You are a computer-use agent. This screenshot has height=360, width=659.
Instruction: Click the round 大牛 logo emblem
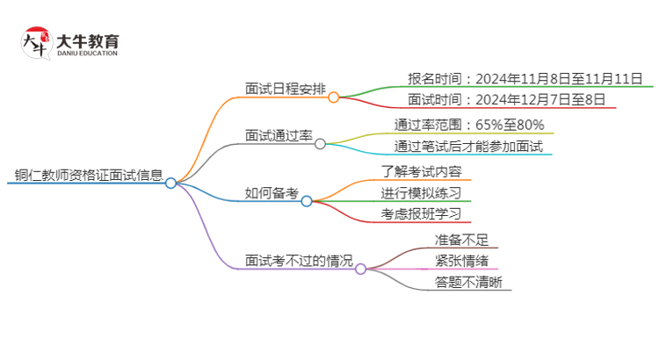tap(37, 43)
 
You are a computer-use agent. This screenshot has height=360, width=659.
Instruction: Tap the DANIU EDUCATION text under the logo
tap(87, 54)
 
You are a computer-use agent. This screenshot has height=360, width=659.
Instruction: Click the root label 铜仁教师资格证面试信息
tap(89, 175)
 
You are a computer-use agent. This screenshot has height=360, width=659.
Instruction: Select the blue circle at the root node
tap(170, 184)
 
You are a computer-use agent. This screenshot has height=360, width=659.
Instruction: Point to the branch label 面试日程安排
tap(286, 89)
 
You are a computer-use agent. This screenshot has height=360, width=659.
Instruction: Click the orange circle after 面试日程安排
tap(333, 97)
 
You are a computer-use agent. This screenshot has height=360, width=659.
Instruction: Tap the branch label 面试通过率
tap(279, 135)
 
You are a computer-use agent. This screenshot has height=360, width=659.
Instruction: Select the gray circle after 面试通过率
tap(320, 144)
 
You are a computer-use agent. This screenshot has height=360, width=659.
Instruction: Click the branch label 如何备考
tap(272, 193)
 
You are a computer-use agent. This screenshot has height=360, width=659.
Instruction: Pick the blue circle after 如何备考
tap(307, 201)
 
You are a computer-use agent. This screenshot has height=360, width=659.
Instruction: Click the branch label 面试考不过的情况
tap(299, 261)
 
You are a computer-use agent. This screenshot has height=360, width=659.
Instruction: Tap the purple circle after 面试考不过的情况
tap(360, 269)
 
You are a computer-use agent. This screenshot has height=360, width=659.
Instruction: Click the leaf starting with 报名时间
tap(525, 78)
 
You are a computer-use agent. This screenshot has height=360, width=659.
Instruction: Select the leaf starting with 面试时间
tap(506, 99)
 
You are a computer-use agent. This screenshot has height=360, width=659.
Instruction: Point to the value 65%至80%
tap(510, 125)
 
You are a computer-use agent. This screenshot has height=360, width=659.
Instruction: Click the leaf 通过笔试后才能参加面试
tap(468, 146)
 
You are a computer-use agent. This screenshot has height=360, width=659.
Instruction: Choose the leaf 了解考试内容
tap(422, 171)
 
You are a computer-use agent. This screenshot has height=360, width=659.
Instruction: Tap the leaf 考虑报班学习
tap(421, 214)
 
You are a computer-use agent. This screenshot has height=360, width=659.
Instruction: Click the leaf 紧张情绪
tap(461, 261)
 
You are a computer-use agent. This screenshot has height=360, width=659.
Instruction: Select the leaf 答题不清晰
tap(468, 282)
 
